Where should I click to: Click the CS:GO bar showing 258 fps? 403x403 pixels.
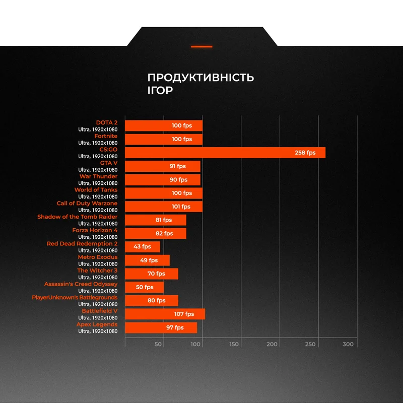pos(225,153)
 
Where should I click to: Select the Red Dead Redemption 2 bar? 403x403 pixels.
pos(142,247)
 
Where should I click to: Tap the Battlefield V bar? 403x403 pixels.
pos(165,314)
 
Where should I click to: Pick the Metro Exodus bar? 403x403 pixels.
pos(147,260)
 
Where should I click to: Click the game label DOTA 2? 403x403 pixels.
pos(107,122)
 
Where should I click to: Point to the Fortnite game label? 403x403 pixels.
pos(106,136)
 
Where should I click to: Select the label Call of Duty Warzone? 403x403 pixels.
pos(87,203)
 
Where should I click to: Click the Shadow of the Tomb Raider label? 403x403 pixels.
pos(78,217)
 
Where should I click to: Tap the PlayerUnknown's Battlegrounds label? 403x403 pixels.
pos(75,298)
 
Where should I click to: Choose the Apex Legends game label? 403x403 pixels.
pos(97,324)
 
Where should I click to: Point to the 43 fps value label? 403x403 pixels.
pos(142,247)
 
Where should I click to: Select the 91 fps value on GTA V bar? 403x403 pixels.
pos(177,166)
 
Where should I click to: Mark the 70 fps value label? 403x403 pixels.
pos(157,274)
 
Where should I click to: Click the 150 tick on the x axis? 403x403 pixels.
pos(234,345)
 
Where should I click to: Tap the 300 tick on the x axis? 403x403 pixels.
pos(348,345)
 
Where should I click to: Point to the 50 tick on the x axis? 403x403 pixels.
pos(158,345)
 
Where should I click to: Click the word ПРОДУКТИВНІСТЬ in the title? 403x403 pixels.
pos(200,78)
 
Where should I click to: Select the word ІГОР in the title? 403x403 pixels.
pos(160,91)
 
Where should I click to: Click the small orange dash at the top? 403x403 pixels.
pos(201,46)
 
